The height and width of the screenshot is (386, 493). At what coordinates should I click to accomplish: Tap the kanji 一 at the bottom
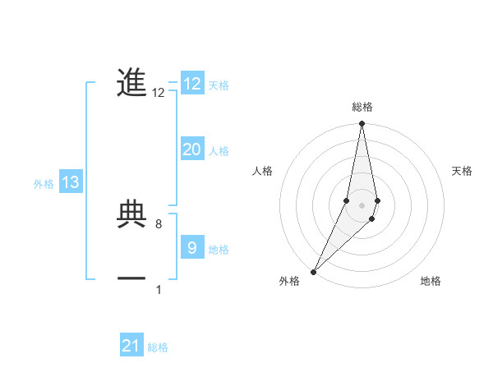pos(131,279)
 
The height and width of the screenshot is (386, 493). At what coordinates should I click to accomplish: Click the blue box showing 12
pos(192,84)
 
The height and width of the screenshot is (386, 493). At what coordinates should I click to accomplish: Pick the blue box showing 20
pos(192,149)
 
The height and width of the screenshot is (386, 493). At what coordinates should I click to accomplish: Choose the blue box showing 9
pos(192,247)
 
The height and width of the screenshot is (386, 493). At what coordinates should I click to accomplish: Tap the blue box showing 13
pos(71,182)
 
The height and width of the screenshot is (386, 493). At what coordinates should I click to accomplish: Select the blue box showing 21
pos(131,346)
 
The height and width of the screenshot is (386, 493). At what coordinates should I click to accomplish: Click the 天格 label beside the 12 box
pos(219,85)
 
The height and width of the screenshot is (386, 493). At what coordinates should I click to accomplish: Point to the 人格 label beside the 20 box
pos(219,151)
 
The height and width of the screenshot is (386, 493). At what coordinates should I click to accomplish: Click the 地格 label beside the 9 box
pos(219,249)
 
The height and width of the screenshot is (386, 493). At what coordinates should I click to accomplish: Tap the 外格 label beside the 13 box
pos(44,184)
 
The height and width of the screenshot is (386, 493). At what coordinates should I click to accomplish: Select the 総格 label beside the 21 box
pos(158,347)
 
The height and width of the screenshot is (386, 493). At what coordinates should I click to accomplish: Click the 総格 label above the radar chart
pos(362,107)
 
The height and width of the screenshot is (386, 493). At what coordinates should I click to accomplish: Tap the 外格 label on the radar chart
pos(289,282)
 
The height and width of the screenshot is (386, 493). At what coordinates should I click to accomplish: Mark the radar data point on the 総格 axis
pos(362,124)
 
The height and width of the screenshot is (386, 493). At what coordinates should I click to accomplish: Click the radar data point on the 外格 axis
pos(313,271)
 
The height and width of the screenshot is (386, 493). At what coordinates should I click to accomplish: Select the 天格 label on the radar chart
pos(463,171)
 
